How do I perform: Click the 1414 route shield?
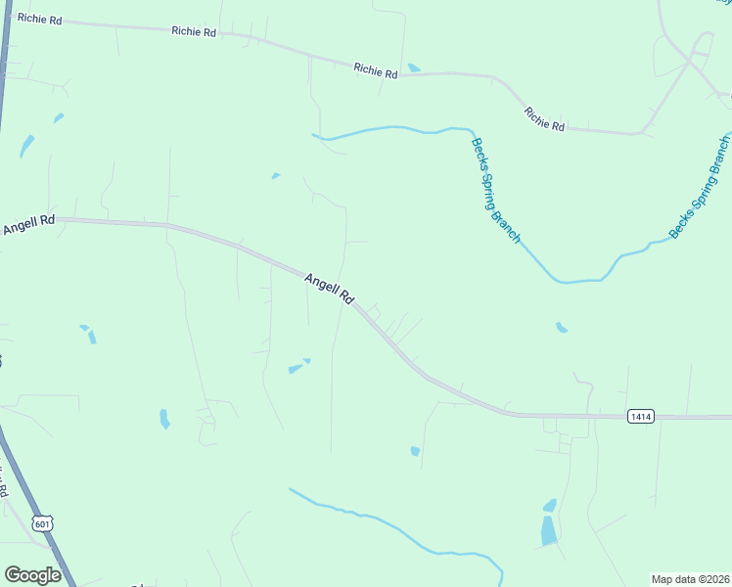point(640,417)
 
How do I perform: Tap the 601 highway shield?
point(42,524)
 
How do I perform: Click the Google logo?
point(32,575)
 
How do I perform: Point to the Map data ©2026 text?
point(690,579)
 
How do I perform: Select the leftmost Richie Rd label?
point(39,19)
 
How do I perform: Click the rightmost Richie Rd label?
point(545,119)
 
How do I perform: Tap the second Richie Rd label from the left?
point(194,31)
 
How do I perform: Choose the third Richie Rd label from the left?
point(376,70)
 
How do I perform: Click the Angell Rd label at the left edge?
point(28,225)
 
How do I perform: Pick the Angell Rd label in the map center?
point(329,289)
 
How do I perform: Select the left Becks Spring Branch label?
point(496,190)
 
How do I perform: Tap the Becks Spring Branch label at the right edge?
point(701,187)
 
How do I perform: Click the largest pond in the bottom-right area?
point(549,529)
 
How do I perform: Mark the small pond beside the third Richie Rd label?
point(414,68)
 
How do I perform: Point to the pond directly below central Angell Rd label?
point(296,369)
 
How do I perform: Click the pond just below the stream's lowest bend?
point(561,327)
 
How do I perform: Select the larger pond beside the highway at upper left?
point(26,146)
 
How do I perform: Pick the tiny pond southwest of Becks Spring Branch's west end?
point(276,176)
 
